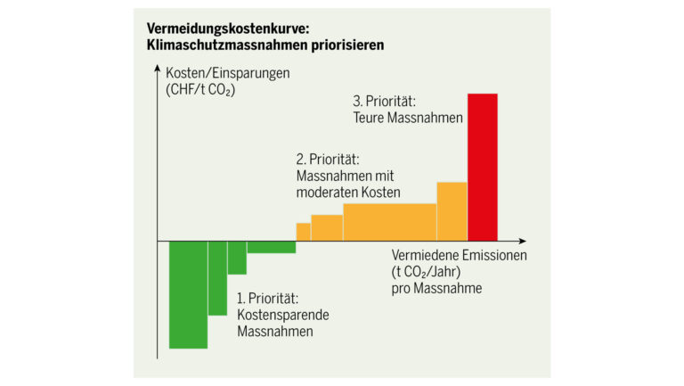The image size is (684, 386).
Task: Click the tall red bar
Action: coord(482,167)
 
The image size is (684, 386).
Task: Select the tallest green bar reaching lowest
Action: coord(188,294)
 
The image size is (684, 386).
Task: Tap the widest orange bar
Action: coord(389,222)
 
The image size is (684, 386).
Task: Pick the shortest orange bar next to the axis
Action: coord(303,232)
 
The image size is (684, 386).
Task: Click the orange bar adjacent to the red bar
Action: coord(452,211)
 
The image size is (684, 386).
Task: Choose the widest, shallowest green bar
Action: coord(271,247)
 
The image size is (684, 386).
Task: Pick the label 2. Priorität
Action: coord(329,160)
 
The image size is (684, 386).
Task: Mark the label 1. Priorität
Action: coord(267,298)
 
